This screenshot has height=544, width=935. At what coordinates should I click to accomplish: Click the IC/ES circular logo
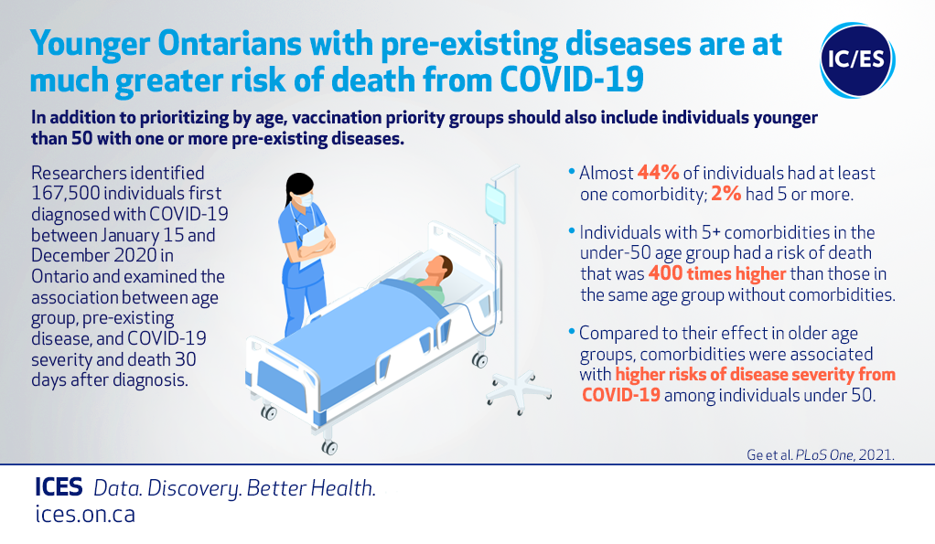pos(857,59)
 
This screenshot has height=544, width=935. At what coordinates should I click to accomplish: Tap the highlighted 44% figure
pos(659,173)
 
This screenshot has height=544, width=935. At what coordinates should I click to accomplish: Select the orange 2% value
pos(725,194)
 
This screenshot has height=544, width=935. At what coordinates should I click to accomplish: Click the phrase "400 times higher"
pos(717,273)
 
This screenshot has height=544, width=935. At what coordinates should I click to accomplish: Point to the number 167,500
pos(66,194)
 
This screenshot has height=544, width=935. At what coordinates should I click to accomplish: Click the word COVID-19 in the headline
pos(572,80)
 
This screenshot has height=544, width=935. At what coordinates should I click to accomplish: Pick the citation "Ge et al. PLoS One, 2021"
pos(821,454)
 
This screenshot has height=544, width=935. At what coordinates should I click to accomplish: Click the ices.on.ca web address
pos(85,514)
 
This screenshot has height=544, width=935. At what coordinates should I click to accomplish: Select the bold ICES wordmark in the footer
pos(59,487)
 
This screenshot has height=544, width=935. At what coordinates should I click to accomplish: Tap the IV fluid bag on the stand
pos(495,203)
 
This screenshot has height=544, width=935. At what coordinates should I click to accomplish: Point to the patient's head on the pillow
pos(439,269)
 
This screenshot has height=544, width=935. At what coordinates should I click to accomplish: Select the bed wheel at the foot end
pos(329,447)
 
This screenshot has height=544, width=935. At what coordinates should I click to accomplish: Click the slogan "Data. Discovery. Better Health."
pos(235,488)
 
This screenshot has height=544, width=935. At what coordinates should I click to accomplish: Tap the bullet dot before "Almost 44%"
pos(572,172)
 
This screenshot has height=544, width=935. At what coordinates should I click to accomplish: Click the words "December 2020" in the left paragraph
pos(86,256)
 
